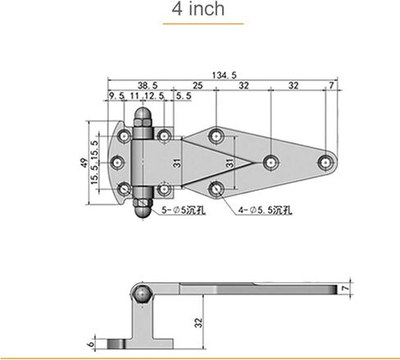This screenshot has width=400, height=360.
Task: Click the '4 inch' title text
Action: coord(198,9)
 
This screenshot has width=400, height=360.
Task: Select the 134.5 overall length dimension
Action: coord(225,75)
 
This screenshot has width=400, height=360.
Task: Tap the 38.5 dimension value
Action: coord(148,85)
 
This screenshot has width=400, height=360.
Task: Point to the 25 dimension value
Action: coord(198,85)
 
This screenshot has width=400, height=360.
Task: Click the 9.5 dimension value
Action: coord(116,96)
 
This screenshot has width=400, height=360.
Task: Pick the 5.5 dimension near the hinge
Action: coord(184,96)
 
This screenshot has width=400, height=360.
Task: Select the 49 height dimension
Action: coord(84,163)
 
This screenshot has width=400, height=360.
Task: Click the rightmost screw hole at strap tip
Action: coord(325,162)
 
